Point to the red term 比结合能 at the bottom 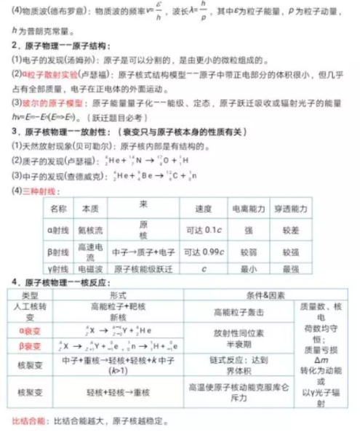(28, 420)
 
